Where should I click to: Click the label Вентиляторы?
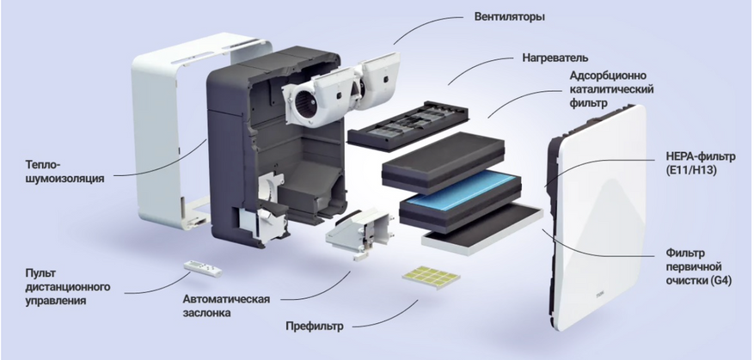click(x=509, y=17)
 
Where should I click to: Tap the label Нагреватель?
click(x=555, y=58)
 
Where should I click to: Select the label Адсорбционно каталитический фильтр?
click(x=611, y=89)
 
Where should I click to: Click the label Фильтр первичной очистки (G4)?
click(x=699, y=266)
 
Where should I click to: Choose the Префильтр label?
click(x=315, y=326)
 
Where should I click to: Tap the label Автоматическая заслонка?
click(x=226, y=306)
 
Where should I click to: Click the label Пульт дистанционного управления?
click(x=67, y=287)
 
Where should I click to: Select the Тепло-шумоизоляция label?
click(x=64, y=172)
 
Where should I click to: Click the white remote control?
click(x=203, y=269)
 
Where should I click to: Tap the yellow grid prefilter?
click(x=431, y=278)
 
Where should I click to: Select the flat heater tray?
click(x=408, y=125)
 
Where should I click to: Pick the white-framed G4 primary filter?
click(x=482, y=228)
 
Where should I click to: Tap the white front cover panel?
click(x=597, y=217)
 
